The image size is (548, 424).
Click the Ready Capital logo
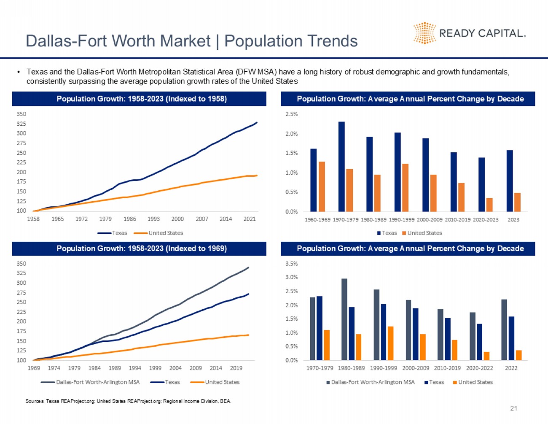469,33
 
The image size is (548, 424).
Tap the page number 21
513,408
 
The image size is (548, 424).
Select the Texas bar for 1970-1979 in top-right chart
341,167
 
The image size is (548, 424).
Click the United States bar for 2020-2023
489,205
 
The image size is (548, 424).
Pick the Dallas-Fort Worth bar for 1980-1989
344,319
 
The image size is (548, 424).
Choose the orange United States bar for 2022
518,355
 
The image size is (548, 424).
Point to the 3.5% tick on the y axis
292,264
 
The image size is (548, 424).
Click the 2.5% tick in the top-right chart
292,114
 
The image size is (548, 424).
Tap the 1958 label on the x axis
33,219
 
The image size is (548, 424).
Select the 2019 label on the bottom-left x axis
236,368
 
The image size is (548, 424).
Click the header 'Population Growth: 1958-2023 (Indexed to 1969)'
142,248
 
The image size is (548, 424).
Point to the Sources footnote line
128,401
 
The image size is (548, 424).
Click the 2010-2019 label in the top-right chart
457,219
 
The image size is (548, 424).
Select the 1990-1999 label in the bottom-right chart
383,368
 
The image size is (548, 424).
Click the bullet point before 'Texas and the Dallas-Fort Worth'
19,72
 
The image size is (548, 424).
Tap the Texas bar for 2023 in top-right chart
510,181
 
